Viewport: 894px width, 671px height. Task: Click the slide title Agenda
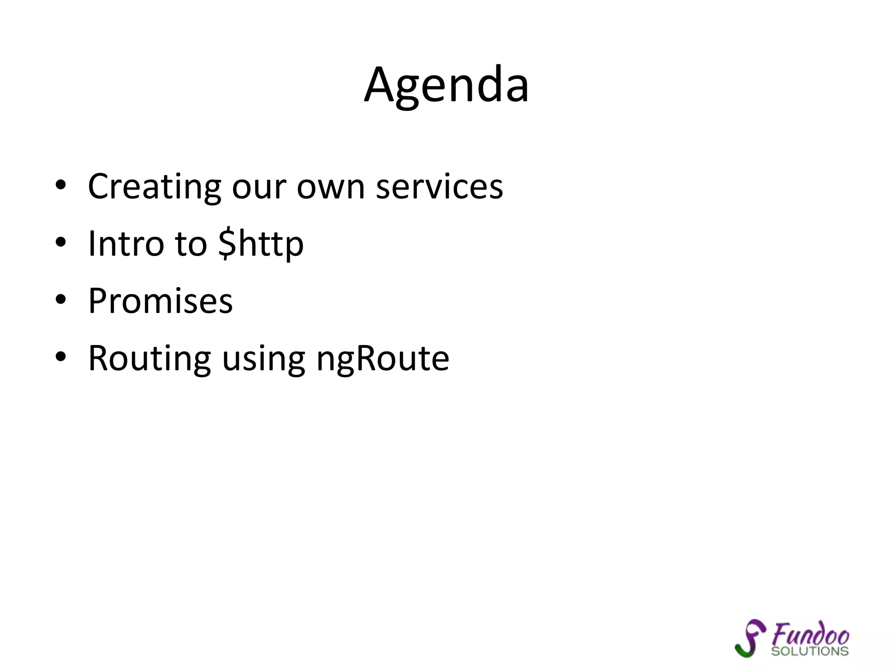click(x=447, y=85)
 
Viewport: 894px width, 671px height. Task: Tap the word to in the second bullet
click(x=191, y=244)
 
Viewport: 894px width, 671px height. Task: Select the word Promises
click(x=160, y=301)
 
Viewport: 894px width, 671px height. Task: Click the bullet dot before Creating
click(x=61, y=185)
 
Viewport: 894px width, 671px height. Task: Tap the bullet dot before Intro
click(x=61, y=242)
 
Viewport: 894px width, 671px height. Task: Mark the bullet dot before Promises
click(x=61, y=300)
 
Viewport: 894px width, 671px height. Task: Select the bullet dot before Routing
click(x=61, y=357)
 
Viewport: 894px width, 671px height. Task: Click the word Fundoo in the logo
click(x=810, y=634)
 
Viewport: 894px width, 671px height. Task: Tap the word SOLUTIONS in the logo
click(x=809, y=651)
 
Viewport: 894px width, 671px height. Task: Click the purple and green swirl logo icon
click(x=750, y=638)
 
